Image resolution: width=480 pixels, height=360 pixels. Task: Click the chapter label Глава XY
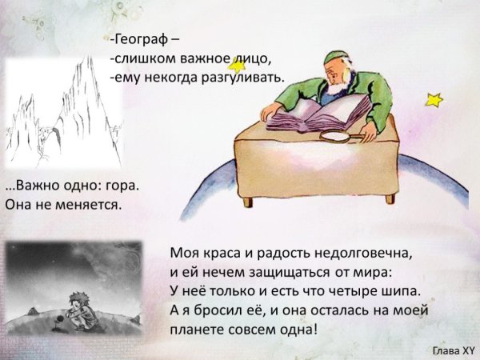point(453,350)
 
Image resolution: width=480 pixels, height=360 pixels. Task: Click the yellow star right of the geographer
point(434,100)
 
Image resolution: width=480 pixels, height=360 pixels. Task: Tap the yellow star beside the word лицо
point(238,66)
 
